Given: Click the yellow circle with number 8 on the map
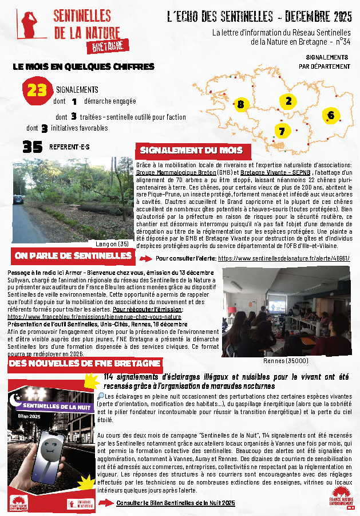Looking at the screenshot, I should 240,104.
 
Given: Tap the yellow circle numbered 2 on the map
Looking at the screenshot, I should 288,101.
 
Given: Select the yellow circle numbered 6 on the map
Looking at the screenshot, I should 330,116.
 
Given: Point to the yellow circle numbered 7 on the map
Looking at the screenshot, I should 281,131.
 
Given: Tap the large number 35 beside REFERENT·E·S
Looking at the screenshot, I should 33,147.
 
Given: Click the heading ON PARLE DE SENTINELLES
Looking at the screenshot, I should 72,255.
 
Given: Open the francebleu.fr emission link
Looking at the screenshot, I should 95,316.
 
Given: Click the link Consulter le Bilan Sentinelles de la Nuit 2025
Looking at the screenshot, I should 175,503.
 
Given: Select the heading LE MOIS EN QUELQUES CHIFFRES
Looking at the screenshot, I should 84,66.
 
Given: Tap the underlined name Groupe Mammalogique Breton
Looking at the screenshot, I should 176,172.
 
